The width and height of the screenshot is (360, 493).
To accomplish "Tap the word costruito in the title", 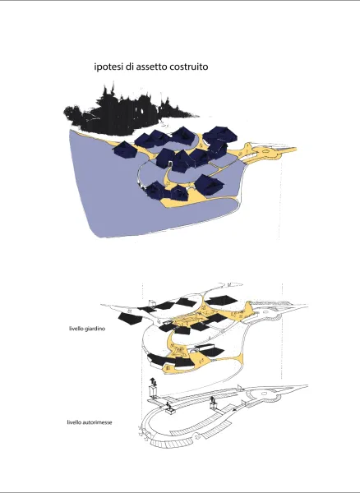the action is (x=189, y=67).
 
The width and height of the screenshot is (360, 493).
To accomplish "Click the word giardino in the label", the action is (x=95, y=329).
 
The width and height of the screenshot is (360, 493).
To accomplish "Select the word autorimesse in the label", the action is (x=96, y=422).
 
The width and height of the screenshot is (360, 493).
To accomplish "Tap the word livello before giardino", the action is (x=76, y=329).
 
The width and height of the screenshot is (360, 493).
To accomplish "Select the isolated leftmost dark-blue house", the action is (x=124, y=149).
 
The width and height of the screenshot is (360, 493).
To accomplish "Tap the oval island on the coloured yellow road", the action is (x=265, y=151).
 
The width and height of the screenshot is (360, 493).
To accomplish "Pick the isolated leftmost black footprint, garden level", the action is (x=130, y=319).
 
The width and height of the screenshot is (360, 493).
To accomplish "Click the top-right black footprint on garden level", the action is (x=221, y=300).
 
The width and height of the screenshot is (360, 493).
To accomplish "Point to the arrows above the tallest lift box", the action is (x=154, y=382).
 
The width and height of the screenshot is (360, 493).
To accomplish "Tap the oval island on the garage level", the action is (x=264, y=394).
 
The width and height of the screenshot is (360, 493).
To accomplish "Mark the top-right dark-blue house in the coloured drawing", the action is (x=220, y=135).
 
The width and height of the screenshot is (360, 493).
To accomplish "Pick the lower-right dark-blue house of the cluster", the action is (x=209, y=185).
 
